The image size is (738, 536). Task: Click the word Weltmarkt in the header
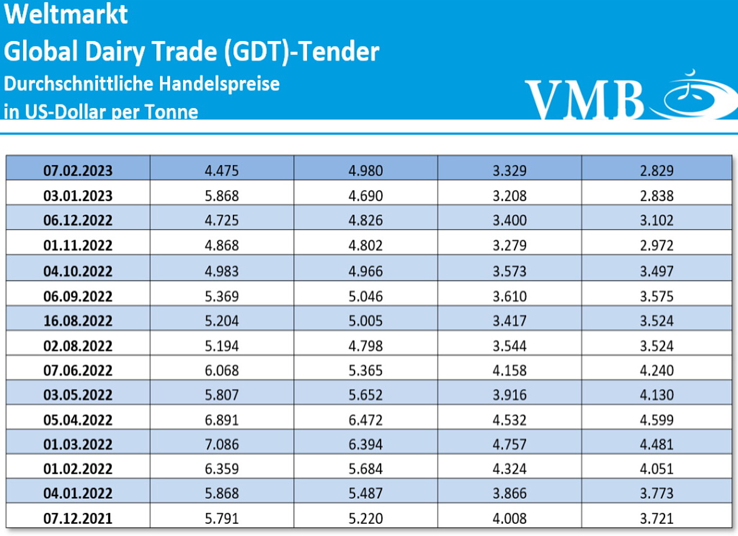click(66, 14)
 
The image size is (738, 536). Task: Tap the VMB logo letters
click(584, 100)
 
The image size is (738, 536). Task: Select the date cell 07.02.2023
click(78, 171)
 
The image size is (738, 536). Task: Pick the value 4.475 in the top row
click(221, 171)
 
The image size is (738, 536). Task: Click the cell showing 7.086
click(221, 444)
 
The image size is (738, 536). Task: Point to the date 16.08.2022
click(78, 321)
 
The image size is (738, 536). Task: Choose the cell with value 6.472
click(366, 419)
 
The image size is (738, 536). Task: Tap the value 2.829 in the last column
click(656, 171)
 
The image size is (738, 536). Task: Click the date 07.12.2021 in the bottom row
click(78, 518)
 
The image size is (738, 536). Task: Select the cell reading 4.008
click(510, 518)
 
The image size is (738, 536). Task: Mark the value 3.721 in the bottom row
click(656, 518)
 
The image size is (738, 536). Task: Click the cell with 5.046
click(366, 296)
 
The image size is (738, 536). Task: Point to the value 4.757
click(510, 444)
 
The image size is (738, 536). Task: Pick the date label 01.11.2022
click(78, 245)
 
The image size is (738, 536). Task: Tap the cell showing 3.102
click(656, 220)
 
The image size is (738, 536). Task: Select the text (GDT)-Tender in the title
click(302, 51)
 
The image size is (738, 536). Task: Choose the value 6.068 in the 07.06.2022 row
click(221, 370)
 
